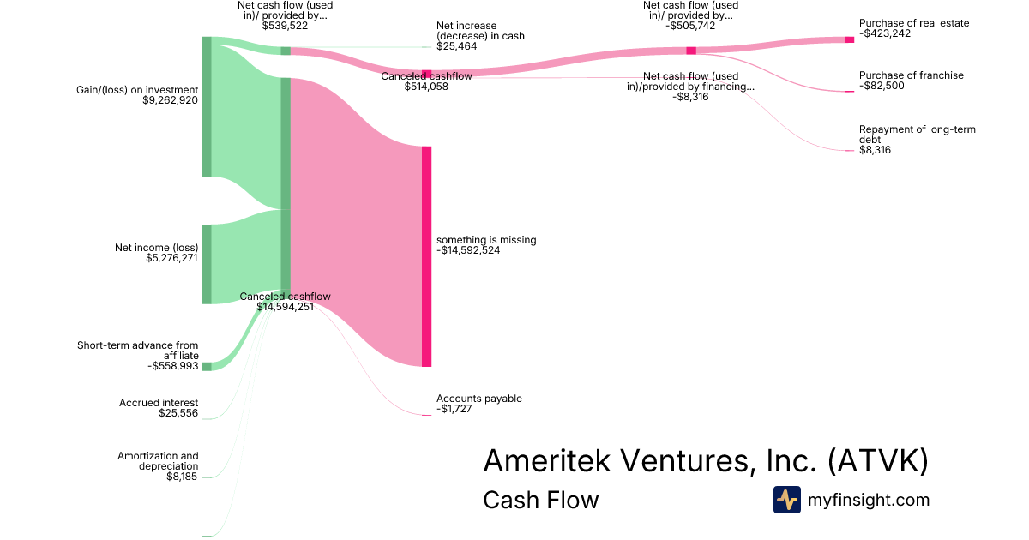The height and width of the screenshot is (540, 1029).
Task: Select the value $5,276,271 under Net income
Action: (171, 258)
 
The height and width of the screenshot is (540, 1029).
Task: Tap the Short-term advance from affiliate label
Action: (137, 351)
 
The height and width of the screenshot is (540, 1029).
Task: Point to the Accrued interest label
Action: (159, 403)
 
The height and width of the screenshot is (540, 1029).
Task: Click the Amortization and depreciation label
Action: (158, 461)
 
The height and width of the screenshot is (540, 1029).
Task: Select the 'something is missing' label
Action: (486, 240)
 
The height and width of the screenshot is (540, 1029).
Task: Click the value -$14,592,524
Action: (468, 251)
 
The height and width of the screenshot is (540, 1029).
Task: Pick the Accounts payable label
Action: (478, 399)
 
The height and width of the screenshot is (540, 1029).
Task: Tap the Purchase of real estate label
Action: (914, 23)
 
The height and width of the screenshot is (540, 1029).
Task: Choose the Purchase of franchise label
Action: (911, 75)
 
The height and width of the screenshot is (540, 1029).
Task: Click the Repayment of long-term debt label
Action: (917, 135)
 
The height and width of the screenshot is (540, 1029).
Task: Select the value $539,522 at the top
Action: (285, 26)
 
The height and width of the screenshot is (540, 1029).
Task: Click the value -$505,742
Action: (690, 26)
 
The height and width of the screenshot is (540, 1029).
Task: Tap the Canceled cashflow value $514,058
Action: (426, 87)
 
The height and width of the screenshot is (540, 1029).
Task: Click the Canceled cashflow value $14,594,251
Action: (285, 307)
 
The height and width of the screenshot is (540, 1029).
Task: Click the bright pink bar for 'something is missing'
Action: (426, 256)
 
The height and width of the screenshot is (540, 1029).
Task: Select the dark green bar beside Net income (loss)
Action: (206, 264)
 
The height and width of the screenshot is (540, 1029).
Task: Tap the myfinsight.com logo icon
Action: (786, 500)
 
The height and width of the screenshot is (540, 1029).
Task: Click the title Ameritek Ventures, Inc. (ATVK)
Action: (705, 461)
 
